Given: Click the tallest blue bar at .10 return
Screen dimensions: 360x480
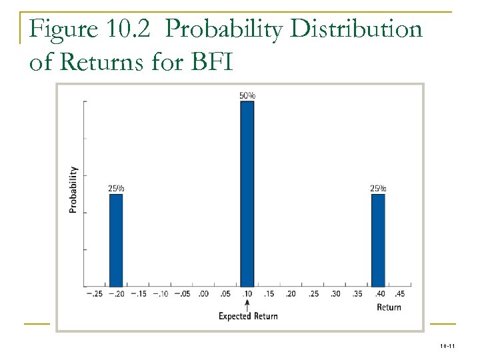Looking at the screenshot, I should [x=247, y=193].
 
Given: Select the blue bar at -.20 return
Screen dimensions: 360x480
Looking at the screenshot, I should [x=116, y=240].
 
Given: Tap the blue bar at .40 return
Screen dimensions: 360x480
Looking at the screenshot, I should [x=378, y=240].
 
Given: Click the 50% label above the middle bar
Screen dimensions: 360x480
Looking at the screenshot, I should [x=247, y=95].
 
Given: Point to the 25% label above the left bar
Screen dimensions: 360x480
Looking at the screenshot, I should [x=116, y=188].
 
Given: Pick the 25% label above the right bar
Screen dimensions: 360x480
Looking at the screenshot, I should [x=378, y=188].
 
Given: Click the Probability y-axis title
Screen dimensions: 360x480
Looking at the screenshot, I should [x=73, y=190].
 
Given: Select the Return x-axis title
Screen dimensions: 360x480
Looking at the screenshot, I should [x=389, y=307].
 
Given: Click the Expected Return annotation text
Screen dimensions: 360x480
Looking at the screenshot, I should [x=248, y=316].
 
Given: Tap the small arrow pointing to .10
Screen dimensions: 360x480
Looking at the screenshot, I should [x=247, y=304].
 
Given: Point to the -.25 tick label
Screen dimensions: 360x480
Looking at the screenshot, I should [x=94, y=294].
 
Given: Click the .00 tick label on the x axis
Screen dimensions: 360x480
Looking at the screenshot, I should [x=203, y=294].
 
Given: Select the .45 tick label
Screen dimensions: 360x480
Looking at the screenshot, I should [x=400, y=294].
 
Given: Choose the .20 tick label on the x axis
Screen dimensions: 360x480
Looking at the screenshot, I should [x=291, y=294].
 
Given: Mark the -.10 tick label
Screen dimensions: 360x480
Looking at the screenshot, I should [x=160, y=294].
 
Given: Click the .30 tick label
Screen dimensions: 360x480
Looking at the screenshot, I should [x=335, y=294].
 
